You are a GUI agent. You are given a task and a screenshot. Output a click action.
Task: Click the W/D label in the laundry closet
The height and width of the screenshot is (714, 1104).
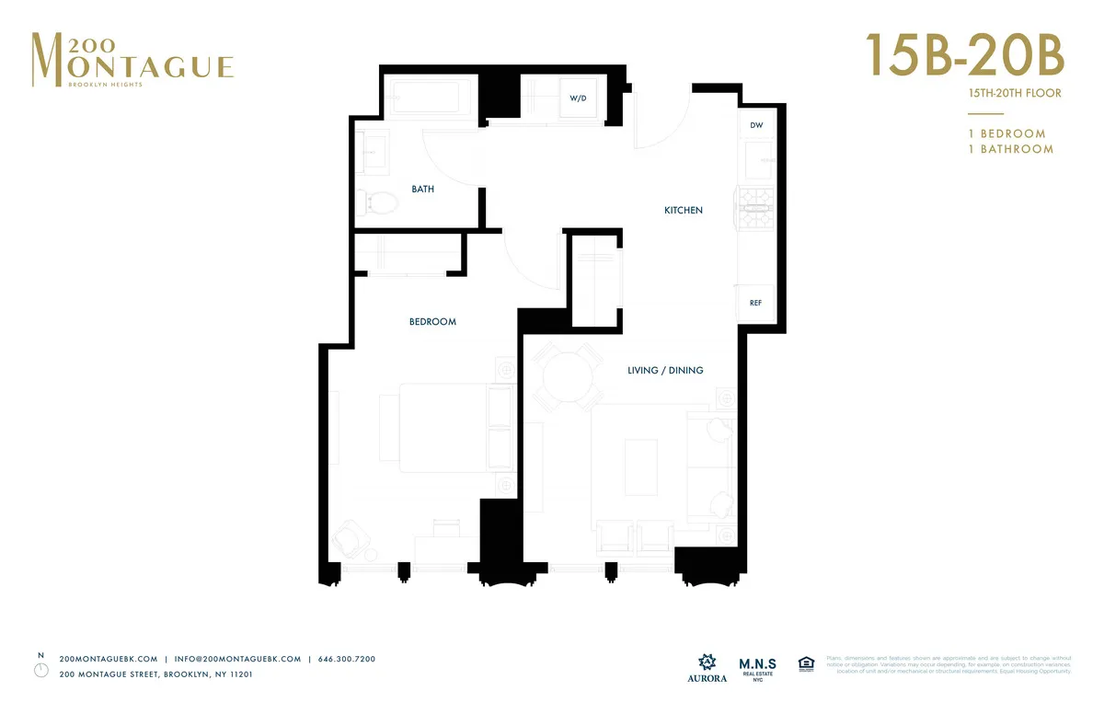tap(577, 98)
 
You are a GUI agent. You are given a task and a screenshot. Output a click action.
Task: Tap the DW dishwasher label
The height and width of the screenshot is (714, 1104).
tap(756, 125)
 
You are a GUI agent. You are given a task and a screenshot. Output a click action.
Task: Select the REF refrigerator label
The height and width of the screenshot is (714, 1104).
tap(755, 303)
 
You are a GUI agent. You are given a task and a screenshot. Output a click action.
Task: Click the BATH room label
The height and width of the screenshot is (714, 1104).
tap(422, 190)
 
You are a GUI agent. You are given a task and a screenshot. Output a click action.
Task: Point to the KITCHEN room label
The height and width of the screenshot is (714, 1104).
tap(683, 211)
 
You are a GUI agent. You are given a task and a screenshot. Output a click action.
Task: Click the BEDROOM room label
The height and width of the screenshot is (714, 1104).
tap(432, 322)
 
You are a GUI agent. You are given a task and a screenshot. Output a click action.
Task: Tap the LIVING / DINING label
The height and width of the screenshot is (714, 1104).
tap(664, 371)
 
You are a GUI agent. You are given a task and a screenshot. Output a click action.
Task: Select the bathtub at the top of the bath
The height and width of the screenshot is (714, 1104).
tap(431, 98)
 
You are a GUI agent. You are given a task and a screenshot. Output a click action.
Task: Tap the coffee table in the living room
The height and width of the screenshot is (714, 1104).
tap(642, 468)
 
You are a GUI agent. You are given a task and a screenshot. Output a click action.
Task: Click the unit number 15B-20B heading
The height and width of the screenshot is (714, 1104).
tap(963, 56)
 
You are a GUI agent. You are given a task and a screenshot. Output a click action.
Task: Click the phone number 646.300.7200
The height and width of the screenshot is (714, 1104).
tap(346, 659)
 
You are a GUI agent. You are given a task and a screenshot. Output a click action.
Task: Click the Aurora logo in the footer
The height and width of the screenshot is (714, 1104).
tap(707, 668)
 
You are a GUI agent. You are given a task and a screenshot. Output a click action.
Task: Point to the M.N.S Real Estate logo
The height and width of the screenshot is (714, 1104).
tap(757, 668)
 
